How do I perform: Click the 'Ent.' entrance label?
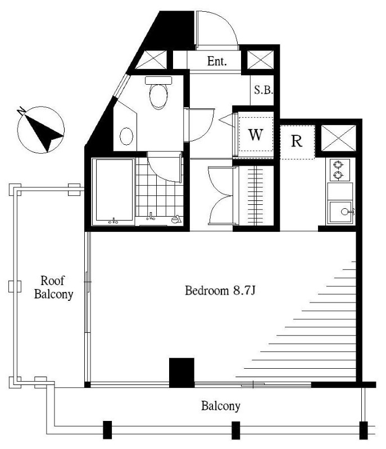coord(217,61)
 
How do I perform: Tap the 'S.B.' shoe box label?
coord(264,90)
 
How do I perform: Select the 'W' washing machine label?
coord(255,135)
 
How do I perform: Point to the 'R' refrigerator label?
coord(297,141)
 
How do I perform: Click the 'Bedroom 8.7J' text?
coord(220,291)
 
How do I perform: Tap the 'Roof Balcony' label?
coord(53,287)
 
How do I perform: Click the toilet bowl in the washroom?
coord(158,93)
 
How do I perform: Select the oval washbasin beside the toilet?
coord(126,136)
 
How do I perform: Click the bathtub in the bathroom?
coord(113,191)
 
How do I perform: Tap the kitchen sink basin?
coord(340,212)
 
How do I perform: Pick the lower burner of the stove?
coord(338,175)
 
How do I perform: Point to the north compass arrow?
coord(43,131)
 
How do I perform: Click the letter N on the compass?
coord(21,111)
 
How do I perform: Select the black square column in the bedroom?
coord(181,372)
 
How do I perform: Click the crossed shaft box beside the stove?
coord(338,138)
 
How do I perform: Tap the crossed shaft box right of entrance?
coord(260,59)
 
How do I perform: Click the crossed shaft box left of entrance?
coord(151,59)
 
